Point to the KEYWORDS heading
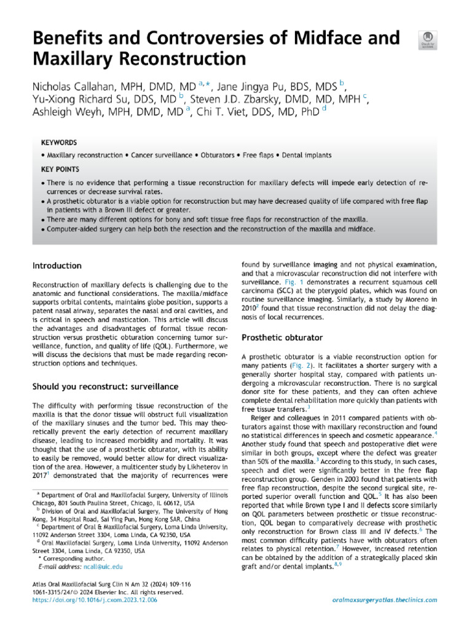coord(58,141)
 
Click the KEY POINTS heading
coord(60,168)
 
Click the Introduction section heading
coord(57,266)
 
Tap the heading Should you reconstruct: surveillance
coord(105,386)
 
